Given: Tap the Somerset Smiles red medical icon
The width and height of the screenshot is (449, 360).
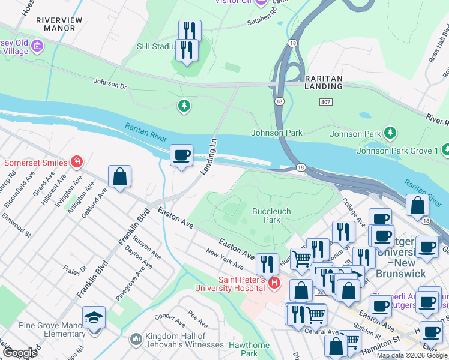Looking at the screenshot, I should [x=76, y=162].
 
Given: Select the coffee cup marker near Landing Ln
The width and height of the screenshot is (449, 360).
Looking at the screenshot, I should [x=181, y=156].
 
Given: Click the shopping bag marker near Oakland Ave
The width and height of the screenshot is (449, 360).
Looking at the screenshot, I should [x=119, y=176].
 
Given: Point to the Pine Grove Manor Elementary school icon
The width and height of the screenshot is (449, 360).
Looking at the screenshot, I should [x=94, y=316].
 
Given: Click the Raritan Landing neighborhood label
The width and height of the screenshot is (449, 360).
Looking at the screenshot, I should [x=323, y=82].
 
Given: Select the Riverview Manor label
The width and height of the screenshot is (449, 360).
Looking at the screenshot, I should [x=59, y=24].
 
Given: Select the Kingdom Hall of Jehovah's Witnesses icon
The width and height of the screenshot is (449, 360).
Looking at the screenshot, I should [x=136, y=340].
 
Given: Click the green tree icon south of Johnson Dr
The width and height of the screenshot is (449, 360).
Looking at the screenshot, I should [x=184, y=107].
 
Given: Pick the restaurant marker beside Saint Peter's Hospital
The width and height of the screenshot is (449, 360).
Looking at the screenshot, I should [x=267, y=263].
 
